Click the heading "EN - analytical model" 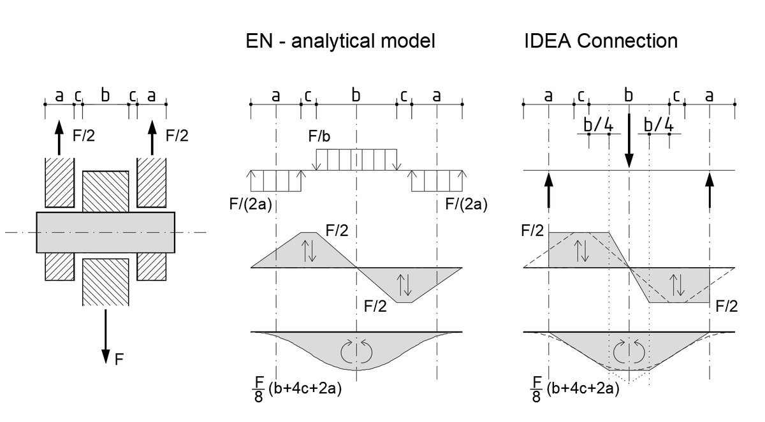(x=340, y=41)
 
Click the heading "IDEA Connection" (x=601, y=41)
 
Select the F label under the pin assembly (x=119, y=360)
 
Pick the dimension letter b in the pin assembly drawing (x=105, y=96)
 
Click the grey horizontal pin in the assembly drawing (x=106, y=232)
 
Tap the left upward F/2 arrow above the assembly (x=59, y=137)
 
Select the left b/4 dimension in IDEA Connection (x=598, y=124)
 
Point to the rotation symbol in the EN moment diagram (x=356, y=349)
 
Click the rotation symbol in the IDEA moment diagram (x=629, y=351)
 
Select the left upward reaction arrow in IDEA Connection (x=549, y=191)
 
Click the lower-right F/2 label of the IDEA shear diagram (x=726, y=307)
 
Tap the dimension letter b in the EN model (x=356, y=96)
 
